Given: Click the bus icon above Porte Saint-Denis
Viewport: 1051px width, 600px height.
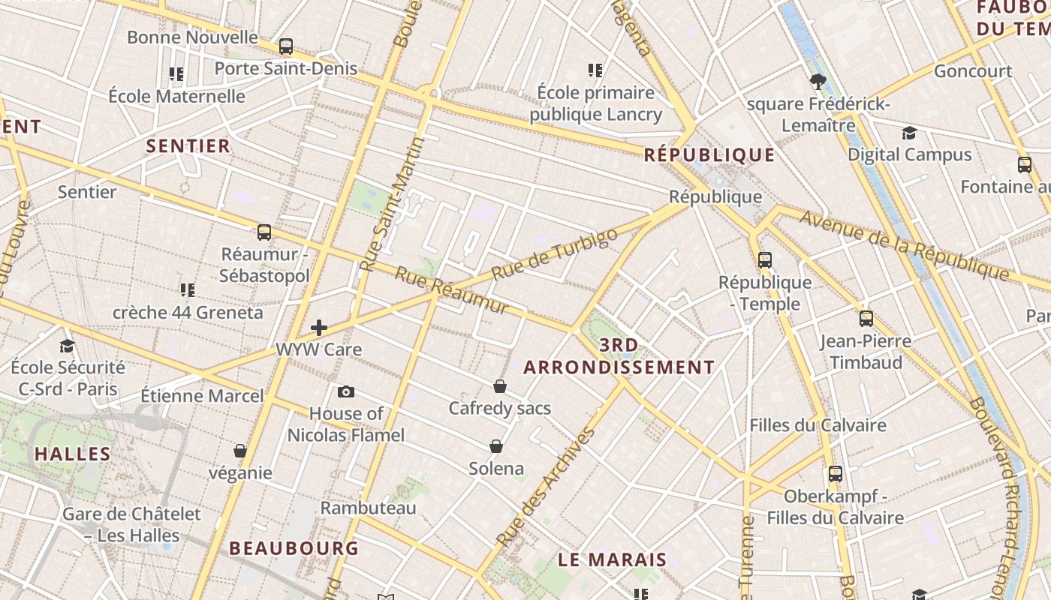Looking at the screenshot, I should point(286,46).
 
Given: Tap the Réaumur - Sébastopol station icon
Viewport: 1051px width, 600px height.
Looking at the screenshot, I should point(264,232).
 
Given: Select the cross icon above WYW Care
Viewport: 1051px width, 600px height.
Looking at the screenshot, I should point(319,328).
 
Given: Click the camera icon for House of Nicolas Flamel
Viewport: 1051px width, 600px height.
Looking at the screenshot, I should point(346,391).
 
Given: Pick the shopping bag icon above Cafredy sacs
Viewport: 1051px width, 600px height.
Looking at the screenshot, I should point(500,386).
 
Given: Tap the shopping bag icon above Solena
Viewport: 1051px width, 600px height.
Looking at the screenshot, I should point(496,446).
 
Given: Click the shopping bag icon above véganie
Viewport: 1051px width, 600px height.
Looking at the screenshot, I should point(240,451).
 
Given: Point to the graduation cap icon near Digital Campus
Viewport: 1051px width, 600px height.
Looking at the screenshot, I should point(910,133).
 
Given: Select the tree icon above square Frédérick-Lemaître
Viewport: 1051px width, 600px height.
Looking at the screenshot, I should point(818,82).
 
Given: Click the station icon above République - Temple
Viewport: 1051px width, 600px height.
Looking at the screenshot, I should point(765,260).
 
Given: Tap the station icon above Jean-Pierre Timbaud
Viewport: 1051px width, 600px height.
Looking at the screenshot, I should point(866,319).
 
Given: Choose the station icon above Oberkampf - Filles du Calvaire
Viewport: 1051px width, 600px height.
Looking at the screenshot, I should point(836,474).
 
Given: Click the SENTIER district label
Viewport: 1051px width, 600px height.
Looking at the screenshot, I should point(188,145).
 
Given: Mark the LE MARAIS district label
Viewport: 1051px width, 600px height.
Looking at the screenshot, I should point(613,559).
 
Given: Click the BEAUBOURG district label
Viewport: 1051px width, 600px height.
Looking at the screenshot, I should point(294,548).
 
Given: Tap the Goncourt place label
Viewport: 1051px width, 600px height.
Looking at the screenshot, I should point(973,71).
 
